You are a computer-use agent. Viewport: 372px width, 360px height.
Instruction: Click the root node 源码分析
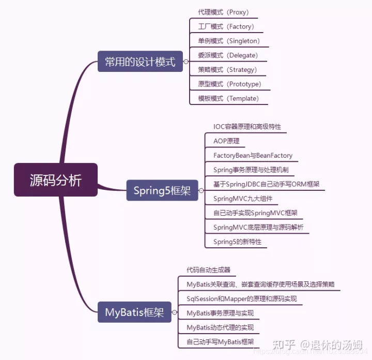(55, 180)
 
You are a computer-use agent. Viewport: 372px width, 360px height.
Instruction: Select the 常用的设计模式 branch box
(140, 62)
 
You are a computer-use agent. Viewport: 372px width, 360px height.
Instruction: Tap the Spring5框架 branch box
(162, 191)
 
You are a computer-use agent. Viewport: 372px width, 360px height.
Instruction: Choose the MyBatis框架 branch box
(134, 312)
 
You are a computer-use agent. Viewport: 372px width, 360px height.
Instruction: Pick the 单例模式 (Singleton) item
(229, 41)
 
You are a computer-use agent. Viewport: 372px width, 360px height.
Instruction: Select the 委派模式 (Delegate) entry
(228, 55)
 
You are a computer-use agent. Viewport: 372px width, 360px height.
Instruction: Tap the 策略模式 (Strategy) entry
(227, 70)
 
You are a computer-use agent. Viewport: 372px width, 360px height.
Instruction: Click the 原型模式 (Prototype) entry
(229, 84)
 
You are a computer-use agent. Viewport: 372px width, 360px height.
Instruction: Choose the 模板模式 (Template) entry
(228, 98)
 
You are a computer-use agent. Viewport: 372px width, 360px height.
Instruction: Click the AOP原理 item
(226, 141)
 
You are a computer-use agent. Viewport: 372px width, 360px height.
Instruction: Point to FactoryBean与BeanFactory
(253, 155)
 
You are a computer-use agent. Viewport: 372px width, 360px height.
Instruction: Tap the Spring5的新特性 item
(237, 242)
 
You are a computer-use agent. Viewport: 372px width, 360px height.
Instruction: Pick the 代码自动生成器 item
(208, 270)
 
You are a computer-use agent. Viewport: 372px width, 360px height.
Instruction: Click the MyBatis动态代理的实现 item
(220, 327)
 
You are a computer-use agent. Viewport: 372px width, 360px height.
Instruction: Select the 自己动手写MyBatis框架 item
(220, 342)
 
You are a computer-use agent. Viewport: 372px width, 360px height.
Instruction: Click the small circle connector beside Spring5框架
(200, 191)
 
